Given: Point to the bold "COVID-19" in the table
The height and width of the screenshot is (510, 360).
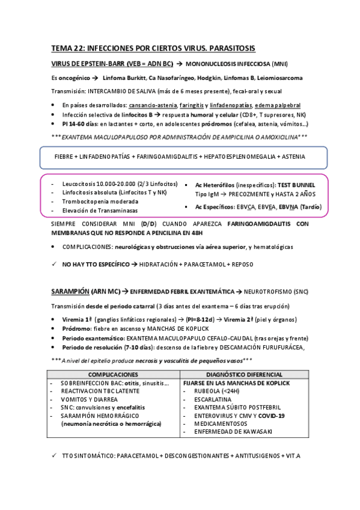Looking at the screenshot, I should pos(271,415).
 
